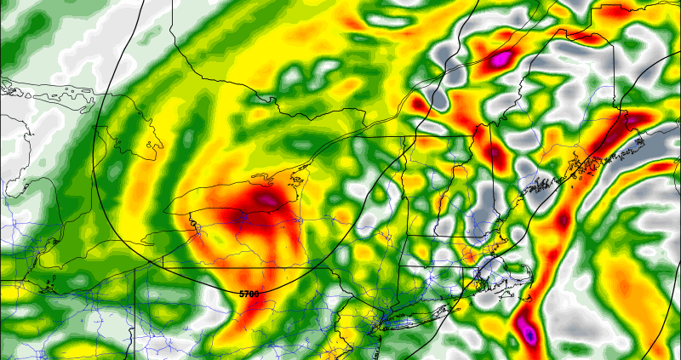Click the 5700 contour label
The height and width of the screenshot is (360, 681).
[249, 294]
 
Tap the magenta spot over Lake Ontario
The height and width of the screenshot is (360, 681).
[267, 201]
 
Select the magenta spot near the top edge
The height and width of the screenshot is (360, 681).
[500, 58]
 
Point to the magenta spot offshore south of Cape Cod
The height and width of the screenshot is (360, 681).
[529, 334]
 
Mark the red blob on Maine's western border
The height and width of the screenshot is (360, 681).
[495, 153]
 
